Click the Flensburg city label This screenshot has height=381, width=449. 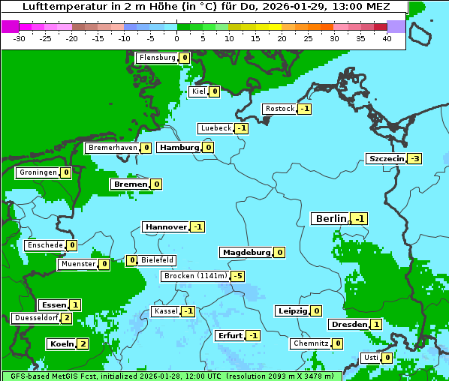click(157, 58)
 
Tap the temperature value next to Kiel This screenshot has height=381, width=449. click(214, 91)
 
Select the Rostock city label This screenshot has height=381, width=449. click(279, 109)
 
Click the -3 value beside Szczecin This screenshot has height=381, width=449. click(414, 158)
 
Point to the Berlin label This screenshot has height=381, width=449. click(331, 218)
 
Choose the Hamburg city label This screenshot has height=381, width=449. click(179, 147)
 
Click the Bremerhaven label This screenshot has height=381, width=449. click(112, 148)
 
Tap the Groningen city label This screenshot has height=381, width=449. click(38, 172)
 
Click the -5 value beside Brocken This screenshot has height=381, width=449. click(237, 276)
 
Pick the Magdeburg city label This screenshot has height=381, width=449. click(246, 252)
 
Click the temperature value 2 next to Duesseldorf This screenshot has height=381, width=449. click(67, 318)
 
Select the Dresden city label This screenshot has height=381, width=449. click(348, 325)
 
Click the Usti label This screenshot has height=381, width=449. click(370, 358)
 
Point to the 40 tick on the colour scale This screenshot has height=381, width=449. click(387, 38)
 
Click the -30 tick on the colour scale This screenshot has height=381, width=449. click(20, 38)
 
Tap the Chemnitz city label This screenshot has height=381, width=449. click(310, 343)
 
